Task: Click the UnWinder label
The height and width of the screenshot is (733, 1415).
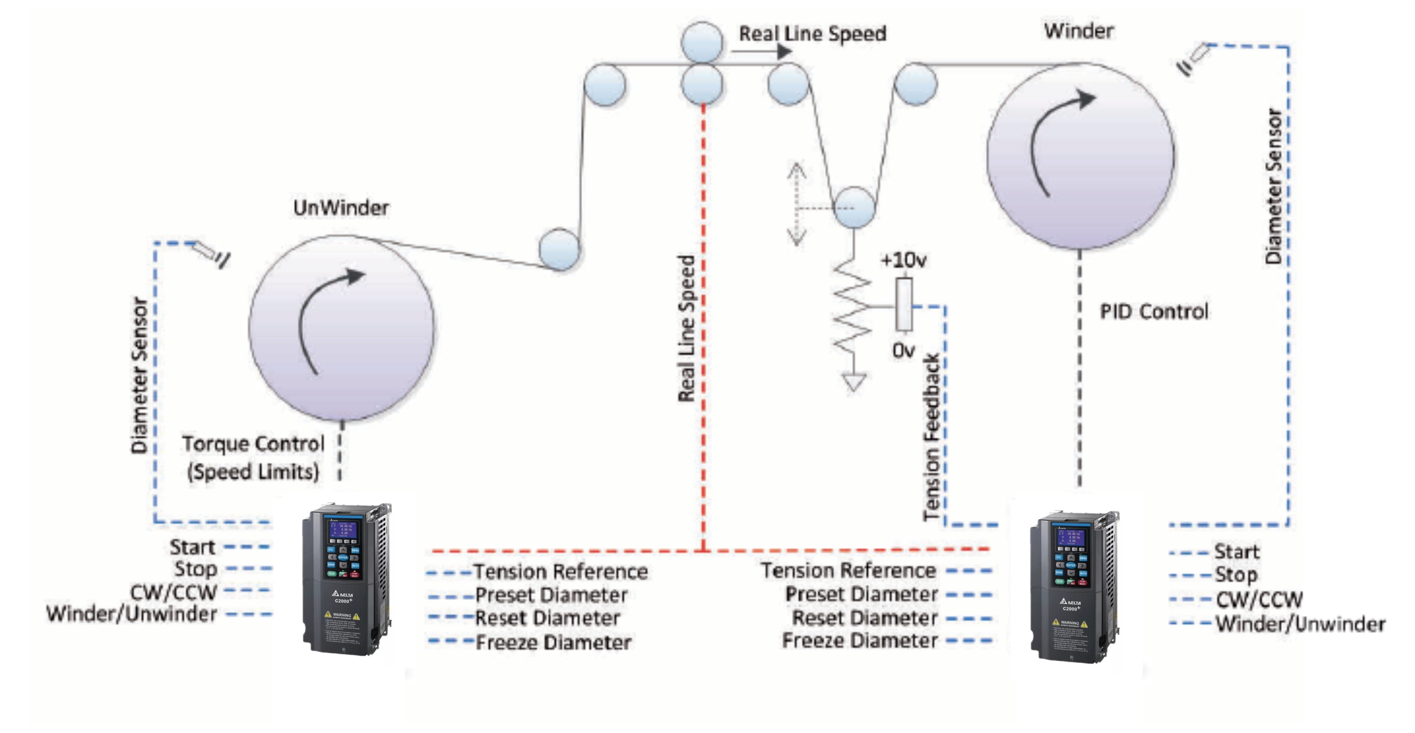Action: tap(340, 208)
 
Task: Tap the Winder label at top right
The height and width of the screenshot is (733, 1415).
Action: tap(1078, 31)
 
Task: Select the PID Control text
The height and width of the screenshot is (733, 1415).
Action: tap(1153, 312)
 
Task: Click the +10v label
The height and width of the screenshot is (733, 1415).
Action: tap(903, 260)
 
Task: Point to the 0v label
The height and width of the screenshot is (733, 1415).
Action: tap(903, 350)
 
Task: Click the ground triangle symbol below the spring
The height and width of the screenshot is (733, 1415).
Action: tap(853, 382)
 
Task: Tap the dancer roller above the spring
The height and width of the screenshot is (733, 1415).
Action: tap(854, 208)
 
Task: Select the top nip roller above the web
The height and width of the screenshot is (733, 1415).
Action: tap(701, 42)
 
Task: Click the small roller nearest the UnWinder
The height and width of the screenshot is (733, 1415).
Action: tap(559, 249)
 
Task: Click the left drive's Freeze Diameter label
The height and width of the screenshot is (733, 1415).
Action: tap(553, 642)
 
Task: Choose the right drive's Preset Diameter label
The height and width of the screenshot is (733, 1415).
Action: tap(861, 594)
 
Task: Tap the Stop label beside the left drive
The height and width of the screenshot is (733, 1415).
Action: tap(196, 569)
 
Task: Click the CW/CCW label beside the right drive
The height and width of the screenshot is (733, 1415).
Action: tap(1259, 599)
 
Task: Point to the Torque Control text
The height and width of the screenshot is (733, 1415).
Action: tap(253, 444)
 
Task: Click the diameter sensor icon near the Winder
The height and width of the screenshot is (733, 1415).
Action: tap(1194, 59)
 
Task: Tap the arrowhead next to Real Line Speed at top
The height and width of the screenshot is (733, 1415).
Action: tap(784, 52)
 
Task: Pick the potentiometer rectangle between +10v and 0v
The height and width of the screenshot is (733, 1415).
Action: tap(904, 304)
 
